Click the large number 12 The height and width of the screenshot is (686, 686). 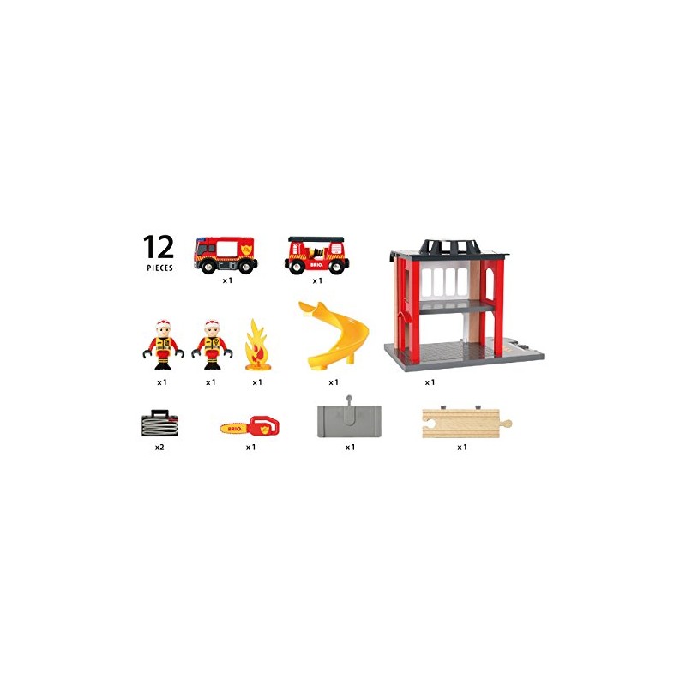click(x=159, y=247)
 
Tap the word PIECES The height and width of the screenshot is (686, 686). click(x=159, y=268)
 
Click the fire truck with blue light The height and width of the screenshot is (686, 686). click(x=226, y=255)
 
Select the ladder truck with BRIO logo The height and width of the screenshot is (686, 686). click(x=316, y=255)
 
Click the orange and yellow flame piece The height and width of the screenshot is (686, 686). click(x=256, y=346)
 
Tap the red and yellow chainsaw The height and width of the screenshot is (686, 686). click(x=250, y=425)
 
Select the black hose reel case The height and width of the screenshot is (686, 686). click(x=159, y=423)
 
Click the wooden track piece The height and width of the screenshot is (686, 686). click(x=466, y=423)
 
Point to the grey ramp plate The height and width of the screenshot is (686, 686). click(x=349, y=420)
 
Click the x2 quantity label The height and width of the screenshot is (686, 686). click(x=159, y=447)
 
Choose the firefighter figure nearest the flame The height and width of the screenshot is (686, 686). click(x=212, y=346)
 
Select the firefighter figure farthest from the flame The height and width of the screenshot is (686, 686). click(x=163, y=346)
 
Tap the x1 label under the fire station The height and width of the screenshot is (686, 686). click(x=430, y=382)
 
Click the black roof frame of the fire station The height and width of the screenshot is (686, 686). click(x=451, y=247)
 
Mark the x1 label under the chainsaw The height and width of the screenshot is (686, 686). click(x=250, y=447)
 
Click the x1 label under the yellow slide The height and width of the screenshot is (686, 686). click(x=334, y=382)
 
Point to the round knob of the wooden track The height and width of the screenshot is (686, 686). click(x=507, y=424)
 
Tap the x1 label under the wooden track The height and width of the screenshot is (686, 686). click(x=462, y=447)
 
